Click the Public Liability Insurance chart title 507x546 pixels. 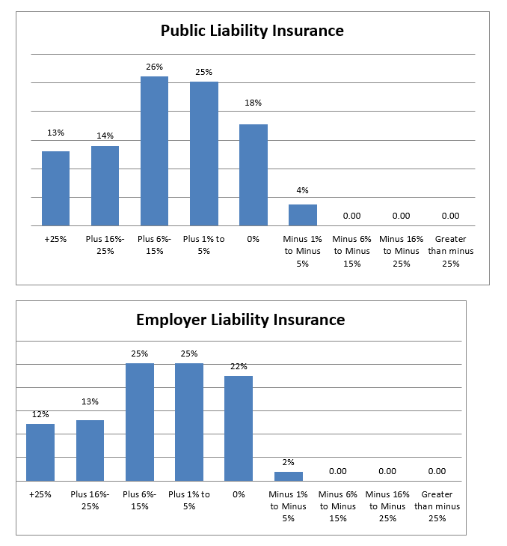[252, 31]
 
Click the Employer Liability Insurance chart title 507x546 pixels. [240, 320]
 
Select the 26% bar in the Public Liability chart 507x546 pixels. [154, 151]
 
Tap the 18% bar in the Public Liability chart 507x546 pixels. [254, 175]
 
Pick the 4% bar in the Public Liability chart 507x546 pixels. [303, 215]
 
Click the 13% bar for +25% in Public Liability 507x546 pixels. [55, 189]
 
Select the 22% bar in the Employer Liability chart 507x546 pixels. [239, 428]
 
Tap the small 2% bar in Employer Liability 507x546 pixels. [289, 476]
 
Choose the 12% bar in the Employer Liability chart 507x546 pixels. [40, 452]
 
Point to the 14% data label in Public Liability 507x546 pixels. [105, 136]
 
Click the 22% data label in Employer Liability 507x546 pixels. [239, 367]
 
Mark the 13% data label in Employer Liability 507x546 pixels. [90, 402]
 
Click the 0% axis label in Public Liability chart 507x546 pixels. [254, 239]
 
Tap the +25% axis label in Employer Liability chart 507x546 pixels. [40, 494]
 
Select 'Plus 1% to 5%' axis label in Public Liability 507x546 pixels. [204, 245]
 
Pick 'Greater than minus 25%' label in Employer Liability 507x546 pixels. [437, 506]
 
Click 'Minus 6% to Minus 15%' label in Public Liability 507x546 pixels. [352, 251]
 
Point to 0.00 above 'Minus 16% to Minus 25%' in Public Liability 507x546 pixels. [402, 216]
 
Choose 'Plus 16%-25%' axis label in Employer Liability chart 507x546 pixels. [90, 500]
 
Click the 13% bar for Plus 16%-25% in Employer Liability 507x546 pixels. [90, 451]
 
